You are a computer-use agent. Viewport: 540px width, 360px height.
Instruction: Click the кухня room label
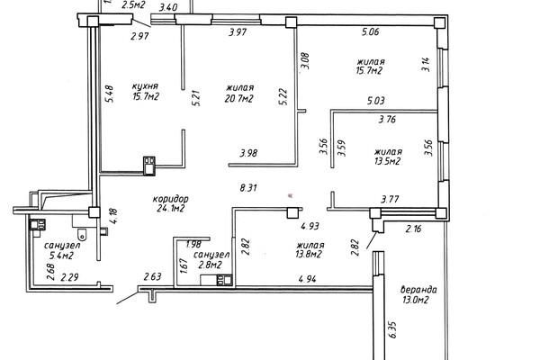coord(145,86)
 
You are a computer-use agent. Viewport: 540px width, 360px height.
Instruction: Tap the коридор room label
coord(170,199)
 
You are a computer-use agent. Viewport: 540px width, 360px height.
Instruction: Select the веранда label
coord(418,290)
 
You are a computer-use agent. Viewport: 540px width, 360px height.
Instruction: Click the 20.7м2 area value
coord(238,99)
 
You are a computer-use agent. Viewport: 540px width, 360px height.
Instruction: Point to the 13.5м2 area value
coord(387,161)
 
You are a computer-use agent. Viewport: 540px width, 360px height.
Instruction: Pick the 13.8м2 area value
coord(309,255)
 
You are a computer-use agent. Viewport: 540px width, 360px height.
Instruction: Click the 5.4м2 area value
coord(61,256)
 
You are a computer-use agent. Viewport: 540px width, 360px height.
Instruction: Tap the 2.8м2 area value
coord(210,265)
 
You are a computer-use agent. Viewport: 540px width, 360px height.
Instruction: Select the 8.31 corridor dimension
coord(248,188)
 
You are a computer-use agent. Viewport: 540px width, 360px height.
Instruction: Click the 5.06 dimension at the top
coord(370,32)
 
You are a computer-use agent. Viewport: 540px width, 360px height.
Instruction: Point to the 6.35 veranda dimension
coord(393,329)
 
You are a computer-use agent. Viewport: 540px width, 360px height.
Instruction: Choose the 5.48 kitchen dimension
coord(110,94)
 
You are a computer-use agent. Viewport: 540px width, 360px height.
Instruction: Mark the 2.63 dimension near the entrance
coord(153,276)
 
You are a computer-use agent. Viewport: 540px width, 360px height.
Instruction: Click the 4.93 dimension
coord(310,226)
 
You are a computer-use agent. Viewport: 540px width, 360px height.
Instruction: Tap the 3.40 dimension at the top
coord(168,7)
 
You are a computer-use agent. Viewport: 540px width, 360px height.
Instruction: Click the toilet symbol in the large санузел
coord(82,235)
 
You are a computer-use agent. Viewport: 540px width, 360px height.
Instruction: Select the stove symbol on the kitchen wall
coord(149,166)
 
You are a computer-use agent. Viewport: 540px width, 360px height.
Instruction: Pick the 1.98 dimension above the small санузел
coord(193,245)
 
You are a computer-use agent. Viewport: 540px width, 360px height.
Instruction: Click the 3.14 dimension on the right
coord(426,65)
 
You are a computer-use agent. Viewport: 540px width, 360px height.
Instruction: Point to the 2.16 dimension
coord(413,229)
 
